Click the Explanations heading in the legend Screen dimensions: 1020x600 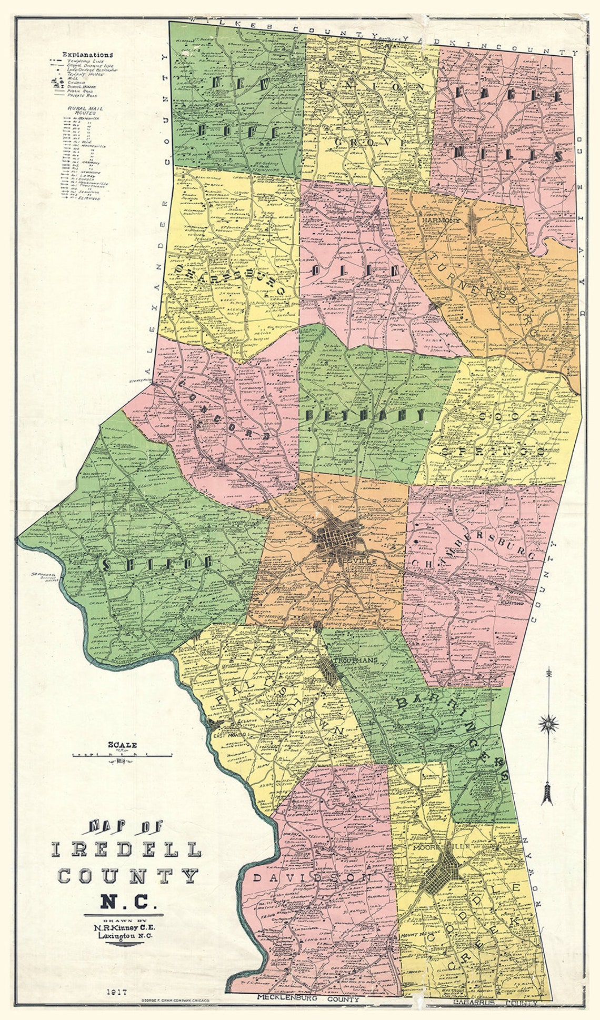(x=87, y=54)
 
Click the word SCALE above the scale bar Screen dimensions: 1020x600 (x=122, y=745)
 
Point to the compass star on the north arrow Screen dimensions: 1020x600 (x=548, y=725)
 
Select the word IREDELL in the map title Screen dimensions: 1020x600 (x=126, y=850)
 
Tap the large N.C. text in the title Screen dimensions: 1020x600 (x=128, y=903)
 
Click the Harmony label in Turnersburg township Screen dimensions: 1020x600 (x=441, y=221)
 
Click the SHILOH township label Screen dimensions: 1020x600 (x=157, y=564)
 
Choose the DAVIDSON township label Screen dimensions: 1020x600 (x=312, y=877)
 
